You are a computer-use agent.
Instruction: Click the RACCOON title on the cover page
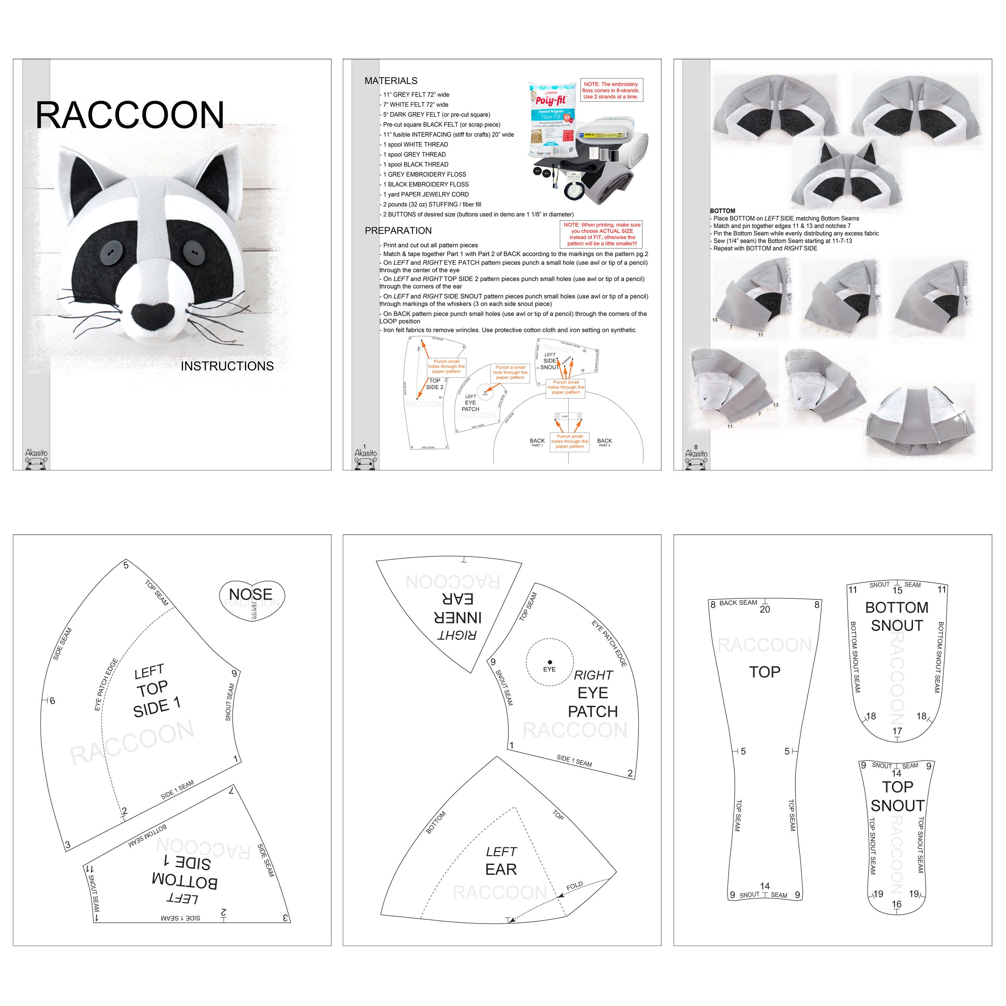pos(130,115)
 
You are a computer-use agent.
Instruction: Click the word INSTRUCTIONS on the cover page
pos(227,366)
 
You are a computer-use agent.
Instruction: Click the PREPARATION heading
pos(398,231)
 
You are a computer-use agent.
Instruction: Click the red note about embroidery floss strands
pos(611,91)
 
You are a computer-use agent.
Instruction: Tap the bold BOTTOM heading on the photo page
pos(722,211)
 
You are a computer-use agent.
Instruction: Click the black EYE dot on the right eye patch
pos(549,662)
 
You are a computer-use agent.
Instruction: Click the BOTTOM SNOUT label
pos(896,616)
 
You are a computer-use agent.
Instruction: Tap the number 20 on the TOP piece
pos(765,609)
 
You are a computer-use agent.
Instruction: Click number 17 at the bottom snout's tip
pos(897,731)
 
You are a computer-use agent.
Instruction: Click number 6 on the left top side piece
pos(52,701)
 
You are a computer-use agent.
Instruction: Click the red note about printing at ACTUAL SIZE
pos(602,234)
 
